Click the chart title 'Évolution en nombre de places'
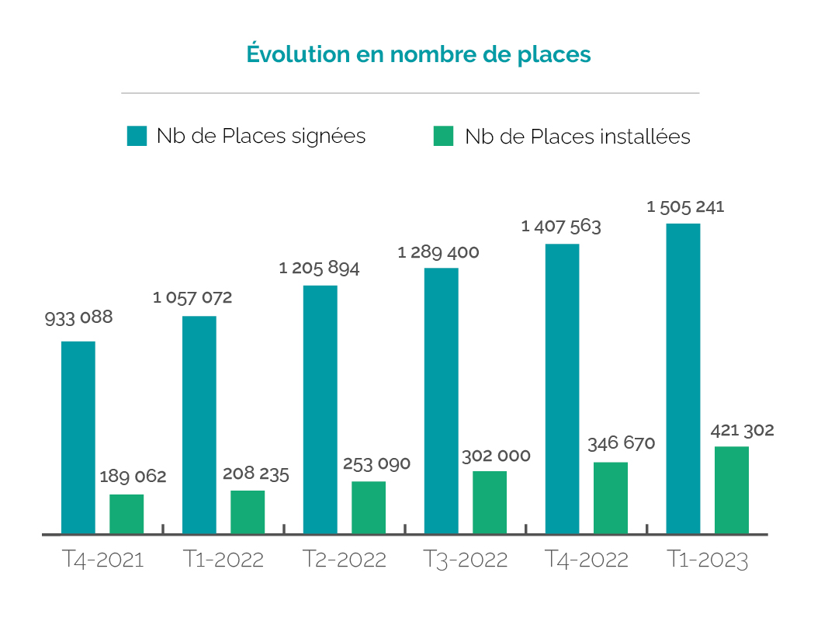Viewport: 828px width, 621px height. point(418,54)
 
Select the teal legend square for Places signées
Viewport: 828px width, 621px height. point(137,137)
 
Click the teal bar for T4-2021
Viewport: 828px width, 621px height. point(78,438)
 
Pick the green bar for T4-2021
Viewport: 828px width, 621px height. point(126,514)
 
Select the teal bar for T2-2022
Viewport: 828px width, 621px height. point(320,410)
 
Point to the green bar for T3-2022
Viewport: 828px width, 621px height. point(490,502)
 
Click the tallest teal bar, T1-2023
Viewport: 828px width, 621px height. point(684,379)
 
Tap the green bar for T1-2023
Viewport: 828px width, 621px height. point(732,490)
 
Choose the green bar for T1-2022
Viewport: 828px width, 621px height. point(248,512)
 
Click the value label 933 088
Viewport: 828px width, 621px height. point(78,317)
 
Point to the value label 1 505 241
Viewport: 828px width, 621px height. point(685,207)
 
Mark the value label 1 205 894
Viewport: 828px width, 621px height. point(319,269)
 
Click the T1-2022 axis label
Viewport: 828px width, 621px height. point(224,560)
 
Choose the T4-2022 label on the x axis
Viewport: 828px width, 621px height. point(587,560)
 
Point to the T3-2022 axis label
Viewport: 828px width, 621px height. point(466,560)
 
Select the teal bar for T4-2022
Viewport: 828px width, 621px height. point(563,389)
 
